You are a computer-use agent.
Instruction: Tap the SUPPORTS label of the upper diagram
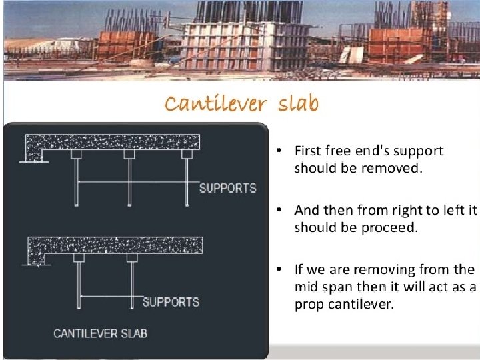pos(227,187)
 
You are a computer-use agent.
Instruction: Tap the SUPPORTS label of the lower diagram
pos(171,302)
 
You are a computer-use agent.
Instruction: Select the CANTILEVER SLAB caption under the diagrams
pos(101,333)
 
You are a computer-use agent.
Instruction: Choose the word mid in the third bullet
pos(305,287)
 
